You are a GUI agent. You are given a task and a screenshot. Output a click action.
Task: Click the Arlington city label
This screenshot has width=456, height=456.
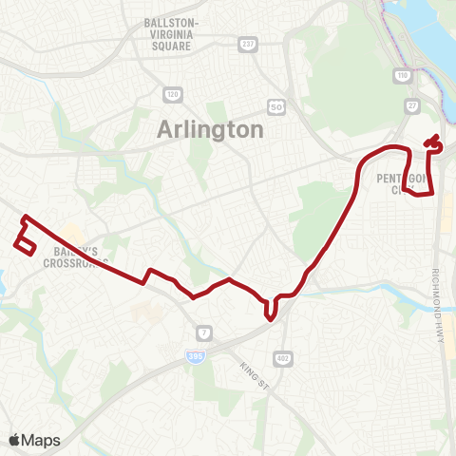209,130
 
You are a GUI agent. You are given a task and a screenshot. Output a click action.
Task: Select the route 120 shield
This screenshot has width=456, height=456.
173,95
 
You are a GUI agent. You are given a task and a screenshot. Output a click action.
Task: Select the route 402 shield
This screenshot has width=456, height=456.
282,356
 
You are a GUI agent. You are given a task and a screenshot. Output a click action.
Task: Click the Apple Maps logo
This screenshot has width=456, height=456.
34,440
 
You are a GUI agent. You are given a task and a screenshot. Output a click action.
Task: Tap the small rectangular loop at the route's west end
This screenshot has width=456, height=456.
26,244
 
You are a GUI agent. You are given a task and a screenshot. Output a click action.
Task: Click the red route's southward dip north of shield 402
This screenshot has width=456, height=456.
272,312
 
